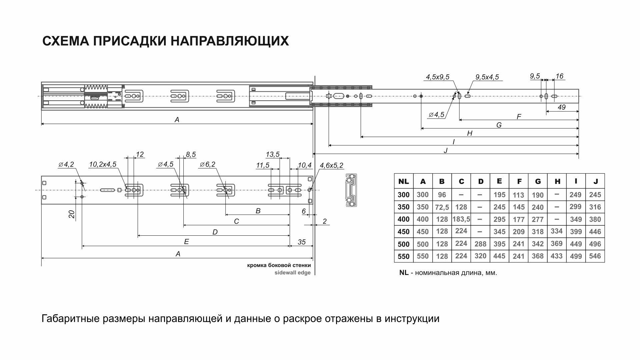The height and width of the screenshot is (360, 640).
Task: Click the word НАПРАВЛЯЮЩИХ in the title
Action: pyautogui.click(x=230, y=41)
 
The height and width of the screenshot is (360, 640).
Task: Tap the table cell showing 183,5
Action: pyautogui.click(x=461, y=219)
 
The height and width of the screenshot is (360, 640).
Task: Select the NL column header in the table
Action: pyautogui.click(x=403, y=182)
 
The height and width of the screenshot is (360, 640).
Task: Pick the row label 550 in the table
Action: pyautogui.click(x=403, y=256)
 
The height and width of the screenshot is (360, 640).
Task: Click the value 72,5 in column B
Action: pyautogui.click(x=442, y=207)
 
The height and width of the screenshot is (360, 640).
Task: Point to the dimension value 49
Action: pyautogui.click(x=561, y=107)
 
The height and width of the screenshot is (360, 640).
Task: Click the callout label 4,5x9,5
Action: pyautogui.click(x=437, y=77)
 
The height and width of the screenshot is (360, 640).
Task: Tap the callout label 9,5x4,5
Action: pyautogui.click(x=487, y=77)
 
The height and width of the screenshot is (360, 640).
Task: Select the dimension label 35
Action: pyautogui.click(x=301, y=242)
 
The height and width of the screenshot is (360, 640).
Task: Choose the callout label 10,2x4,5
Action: pyautogui.click(x=103, y=164)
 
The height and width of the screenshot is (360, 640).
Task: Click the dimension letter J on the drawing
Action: pyautogui.click(x=445, y=150)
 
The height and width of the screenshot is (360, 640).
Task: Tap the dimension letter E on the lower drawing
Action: pyautogui.click(x=186, y=242)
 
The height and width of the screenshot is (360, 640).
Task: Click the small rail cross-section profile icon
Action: pyautogui.click(x=351, y=190)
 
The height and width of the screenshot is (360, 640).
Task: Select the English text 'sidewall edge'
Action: pyautogui.click(x=292, y=273)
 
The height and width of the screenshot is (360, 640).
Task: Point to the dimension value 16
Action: pyautogui.click(x=559, y=76)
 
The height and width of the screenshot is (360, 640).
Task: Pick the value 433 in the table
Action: pyautogui.click(x=557, y=256)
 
